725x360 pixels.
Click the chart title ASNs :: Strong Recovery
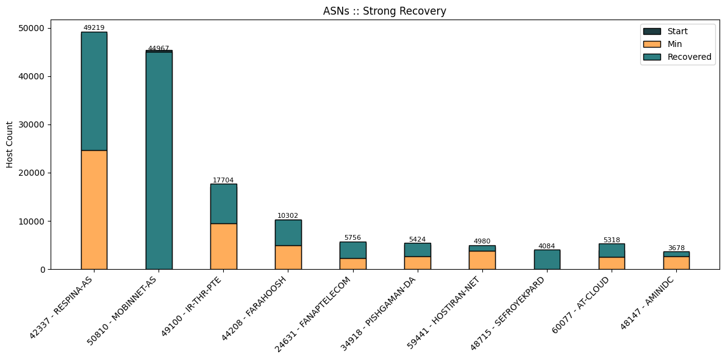click(385, 11)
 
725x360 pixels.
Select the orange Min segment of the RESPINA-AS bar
click(94, 209)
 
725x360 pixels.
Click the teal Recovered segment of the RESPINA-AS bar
click(94, 91)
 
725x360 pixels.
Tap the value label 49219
click(94, 28)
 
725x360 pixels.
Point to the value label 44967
click(159, 48)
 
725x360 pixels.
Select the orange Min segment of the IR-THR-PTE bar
click(223, 246)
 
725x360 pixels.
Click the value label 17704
click(223, 180)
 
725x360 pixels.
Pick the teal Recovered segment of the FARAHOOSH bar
click(288, 232)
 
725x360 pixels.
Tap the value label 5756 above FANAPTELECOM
click(352, 237)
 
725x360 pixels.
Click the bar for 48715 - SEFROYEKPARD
click(547, 259)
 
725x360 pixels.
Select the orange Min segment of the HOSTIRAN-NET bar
click(482, 260)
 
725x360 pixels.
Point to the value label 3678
click(676, 248)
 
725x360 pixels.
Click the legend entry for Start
click(677, 31)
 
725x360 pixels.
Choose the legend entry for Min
click(674, 44)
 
